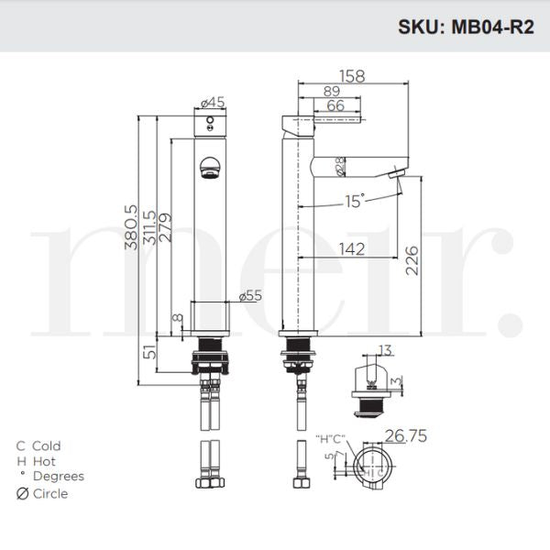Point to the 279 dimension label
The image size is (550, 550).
(x=165, y=226)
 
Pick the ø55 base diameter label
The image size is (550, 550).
(x=249, y=296)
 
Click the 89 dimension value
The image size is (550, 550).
(x=332, y=91)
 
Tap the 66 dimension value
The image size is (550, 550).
(x=335, y=106)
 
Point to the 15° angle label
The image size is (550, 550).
(x=354, y=199)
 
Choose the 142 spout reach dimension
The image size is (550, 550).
(x=352, y=248)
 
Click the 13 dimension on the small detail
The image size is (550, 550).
(x=383, y=349)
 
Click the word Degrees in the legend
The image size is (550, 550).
(x=58, y=477)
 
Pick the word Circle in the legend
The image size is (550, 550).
(x=49, y=493)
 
